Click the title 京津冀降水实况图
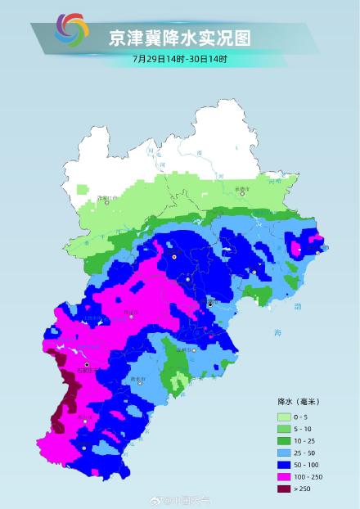click(x=180, y=38)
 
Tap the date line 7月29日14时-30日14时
click(x=180, y=60)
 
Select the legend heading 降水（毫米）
click(x=299, y=402)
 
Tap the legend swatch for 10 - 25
click(x=285, y=439)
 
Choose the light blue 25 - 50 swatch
click(x=285, y=452)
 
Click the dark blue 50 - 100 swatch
click(x=285, y=464)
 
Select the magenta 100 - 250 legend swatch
click(x=285, y=476)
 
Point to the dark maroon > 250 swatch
click(x=285, y=489)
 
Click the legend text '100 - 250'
click(x=313, y=476)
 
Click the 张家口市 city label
click(x=107, y=199)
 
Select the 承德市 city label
click(x=218, y=189)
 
